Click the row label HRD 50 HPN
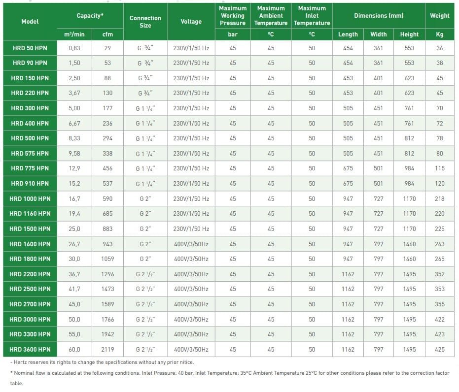click(x=30, y=48)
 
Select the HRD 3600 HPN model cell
click(x=30, y=349)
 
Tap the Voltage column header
click(x=191, y=22)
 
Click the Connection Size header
click(x=145, y=22)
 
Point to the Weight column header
click(x=439, y=16)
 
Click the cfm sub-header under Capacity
click(x=107, y=34)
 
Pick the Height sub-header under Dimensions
click(x=409, y=34)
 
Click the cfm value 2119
click(x=107, y=349)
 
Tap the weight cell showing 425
click(x=439, y=349)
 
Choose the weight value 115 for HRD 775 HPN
click(x=439, y=168)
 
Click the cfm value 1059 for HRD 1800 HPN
click(x=107, y=259)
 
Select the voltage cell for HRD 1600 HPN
click(x=191, y=244)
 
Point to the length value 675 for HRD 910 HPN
click(x=348, y=184)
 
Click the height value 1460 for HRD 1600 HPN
click(x=409, y=244)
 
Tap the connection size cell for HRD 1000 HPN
click(x=145, y=199)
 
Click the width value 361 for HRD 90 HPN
click(x=378, y=63)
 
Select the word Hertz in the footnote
click(x=21, y=362)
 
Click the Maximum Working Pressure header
click(x=233, y=16)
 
